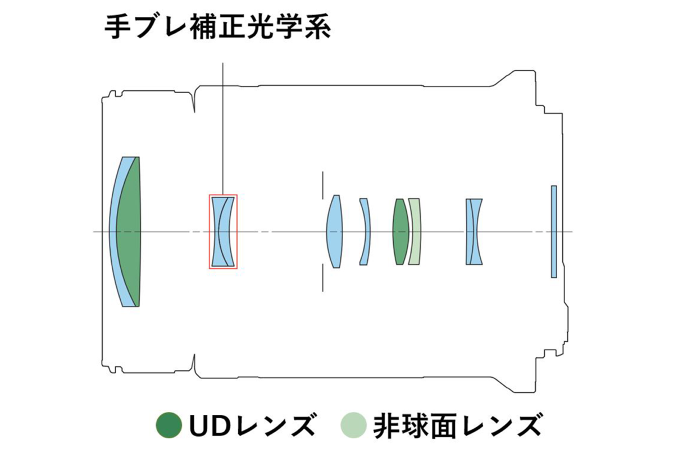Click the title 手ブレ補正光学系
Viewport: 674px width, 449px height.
coord(217,28)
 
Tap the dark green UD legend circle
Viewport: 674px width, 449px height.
coord(169,425)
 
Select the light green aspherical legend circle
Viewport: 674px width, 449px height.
coord(353,425)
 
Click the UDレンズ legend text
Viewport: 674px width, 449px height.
coord(253,425)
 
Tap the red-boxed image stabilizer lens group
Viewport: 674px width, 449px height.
coord(224,231)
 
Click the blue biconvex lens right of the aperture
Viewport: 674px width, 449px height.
coord(334,231)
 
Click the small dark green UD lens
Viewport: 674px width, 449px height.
coord(400,232)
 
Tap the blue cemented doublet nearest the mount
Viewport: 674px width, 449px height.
coord(474,232)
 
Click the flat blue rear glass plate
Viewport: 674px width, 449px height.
coord(554,232)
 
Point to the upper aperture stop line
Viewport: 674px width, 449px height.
coord(322,185)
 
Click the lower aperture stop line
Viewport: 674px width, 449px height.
coord(322,278)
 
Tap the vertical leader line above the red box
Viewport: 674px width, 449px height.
coord(223,129)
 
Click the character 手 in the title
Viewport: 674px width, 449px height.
coord(117,28)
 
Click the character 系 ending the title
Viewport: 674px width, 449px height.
coord(318,28)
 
